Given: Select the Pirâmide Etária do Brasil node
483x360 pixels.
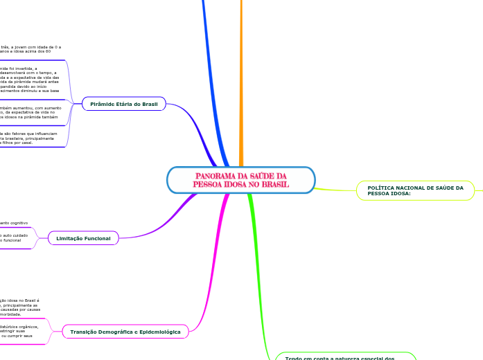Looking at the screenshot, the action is click(x=124, y=104).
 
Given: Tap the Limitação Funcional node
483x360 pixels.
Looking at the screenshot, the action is click(x=83, y=238).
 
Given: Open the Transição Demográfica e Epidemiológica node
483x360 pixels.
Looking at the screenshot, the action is click(x=125, y=332).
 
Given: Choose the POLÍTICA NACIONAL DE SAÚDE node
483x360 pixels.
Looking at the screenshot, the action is click(x=414, y=190).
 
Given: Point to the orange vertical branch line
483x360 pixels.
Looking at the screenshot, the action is click(x=241, y=69).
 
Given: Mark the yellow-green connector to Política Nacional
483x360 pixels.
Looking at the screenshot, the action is click(x=336, y=189).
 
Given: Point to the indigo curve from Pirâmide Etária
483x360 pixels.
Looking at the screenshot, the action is click(x=197, y=125).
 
